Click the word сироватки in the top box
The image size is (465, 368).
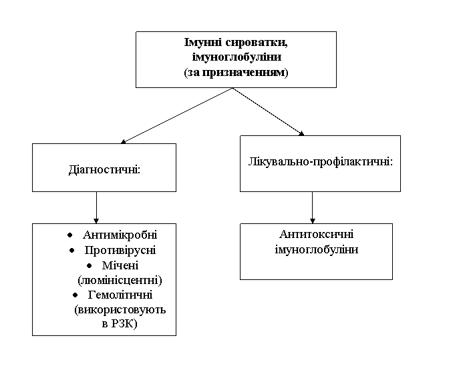[257, 43]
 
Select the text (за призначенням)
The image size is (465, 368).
[236, 72]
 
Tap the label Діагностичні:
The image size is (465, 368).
[104, 170]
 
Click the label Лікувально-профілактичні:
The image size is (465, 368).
[321, 162]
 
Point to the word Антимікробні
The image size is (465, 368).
[120, 235]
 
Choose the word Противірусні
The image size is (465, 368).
[120, 250]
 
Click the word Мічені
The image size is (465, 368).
[120, 265]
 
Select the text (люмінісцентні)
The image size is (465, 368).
[120, 280]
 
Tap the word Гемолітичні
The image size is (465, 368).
[120, 295]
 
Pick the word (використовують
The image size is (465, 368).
[120, 310]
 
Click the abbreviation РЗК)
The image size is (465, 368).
[124, 324]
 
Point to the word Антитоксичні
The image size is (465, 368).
[317, 234]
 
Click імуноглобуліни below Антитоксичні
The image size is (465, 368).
[317, 250]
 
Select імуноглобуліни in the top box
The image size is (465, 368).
[237, 57]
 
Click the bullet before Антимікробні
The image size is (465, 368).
[69, 235]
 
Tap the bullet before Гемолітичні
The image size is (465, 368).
[75, 295]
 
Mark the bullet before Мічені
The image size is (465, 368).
[90, 265]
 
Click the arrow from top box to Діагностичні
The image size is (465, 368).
[177, 115]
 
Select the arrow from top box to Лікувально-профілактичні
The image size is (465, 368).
[269, 111]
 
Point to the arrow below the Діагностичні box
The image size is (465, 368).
[96, 207]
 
